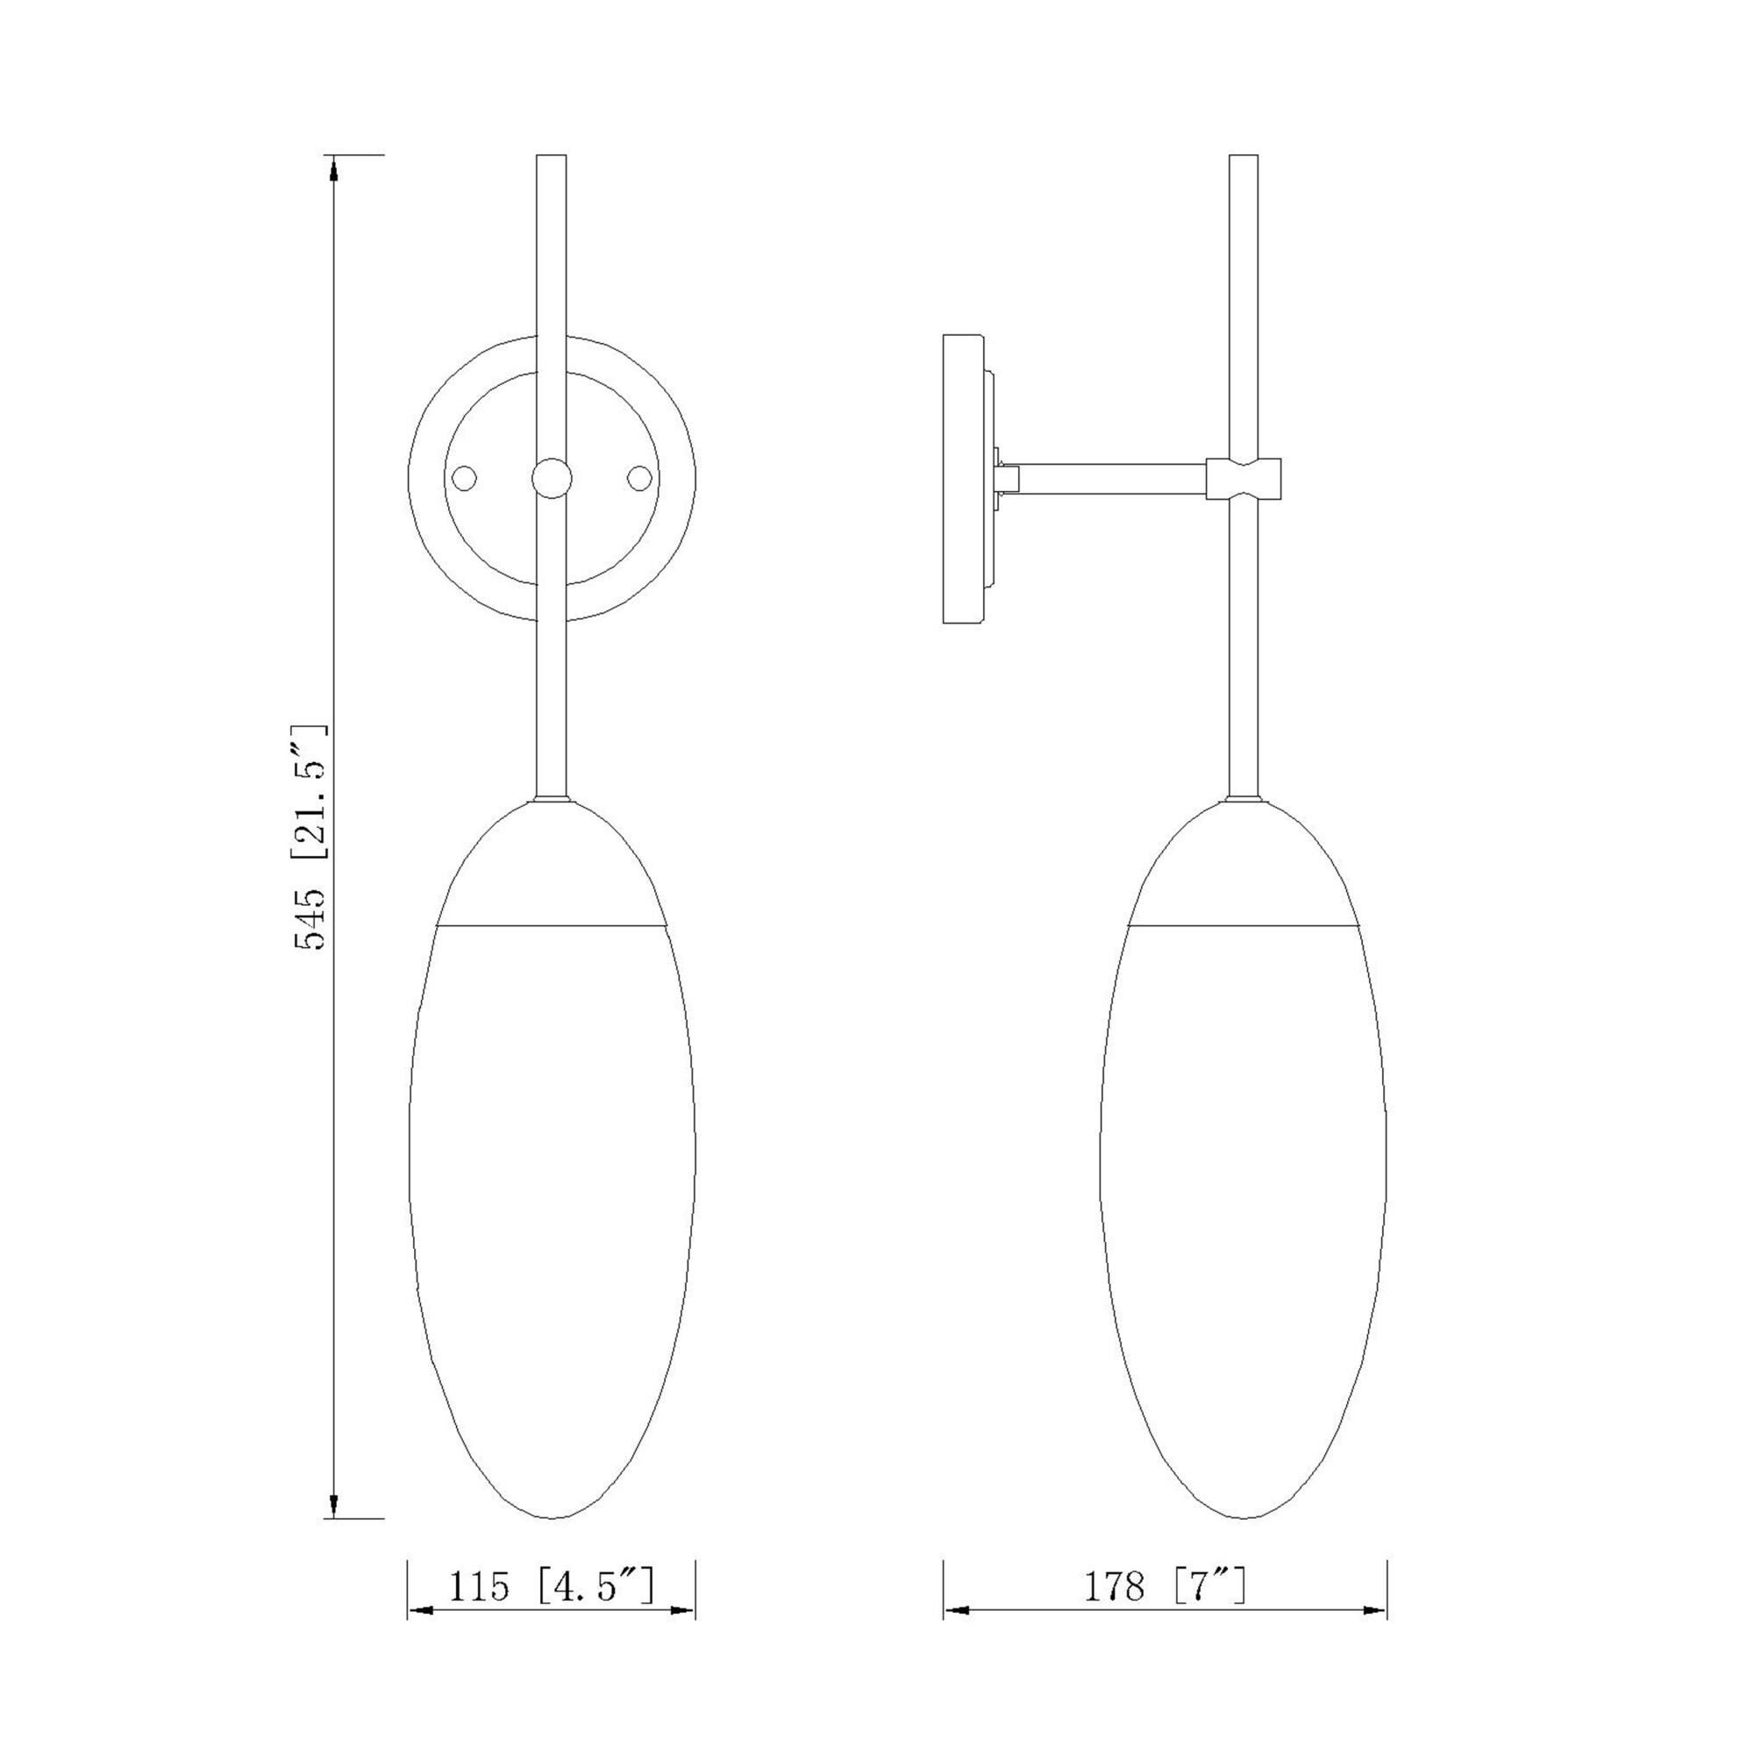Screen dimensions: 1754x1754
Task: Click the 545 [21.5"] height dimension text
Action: tap(310, 836)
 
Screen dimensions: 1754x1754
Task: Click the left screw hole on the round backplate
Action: tap(464, 479)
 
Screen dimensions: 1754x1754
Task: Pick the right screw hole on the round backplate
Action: tap(640, 479)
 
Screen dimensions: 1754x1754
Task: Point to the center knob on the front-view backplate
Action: tap(552, 479)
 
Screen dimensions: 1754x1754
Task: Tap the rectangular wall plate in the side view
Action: tap(964, 480)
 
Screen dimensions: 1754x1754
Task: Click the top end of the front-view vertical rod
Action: tap(552, 160)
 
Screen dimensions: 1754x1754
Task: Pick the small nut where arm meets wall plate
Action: tap(1007, 479)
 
